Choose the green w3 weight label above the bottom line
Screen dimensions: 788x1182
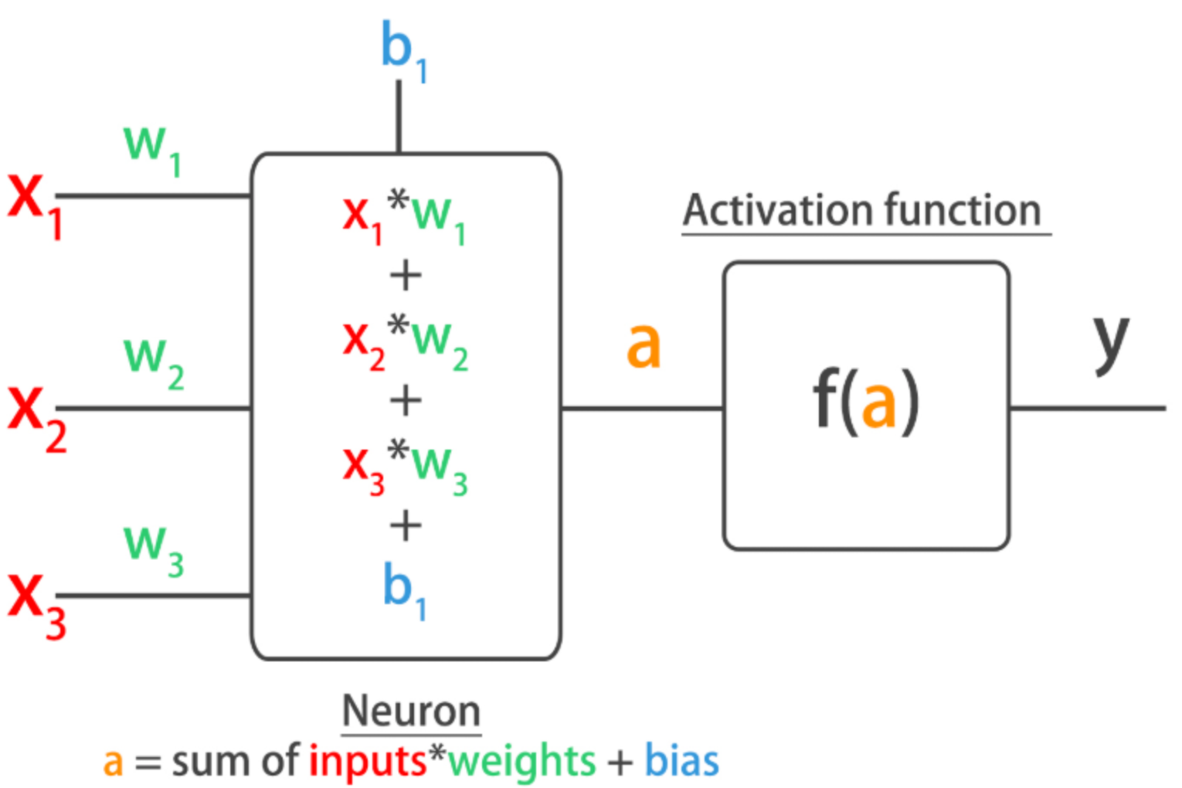tap(154, 549)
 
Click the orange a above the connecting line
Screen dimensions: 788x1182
tap(644, 345)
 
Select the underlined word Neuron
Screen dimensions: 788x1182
tap(411, 711)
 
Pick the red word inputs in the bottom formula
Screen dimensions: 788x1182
tap(368, 762)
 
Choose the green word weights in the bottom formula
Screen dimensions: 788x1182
tap(522, 762)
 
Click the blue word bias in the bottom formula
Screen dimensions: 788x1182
tap(681, 761)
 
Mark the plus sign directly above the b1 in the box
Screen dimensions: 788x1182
tap(406, 526)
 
